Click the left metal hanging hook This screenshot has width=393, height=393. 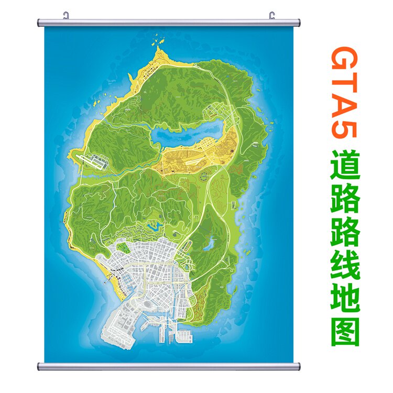pyautogui.click(x=67, y=15)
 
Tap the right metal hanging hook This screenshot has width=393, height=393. pyautogui.click(x=272, y=15)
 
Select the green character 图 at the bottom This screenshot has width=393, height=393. pyautogui.click(x=344, y=331)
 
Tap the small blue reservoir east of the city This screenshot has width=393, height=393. pyautogui.click(x=210, y=243)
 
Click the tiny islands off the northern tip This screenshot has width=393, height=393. pyautogui.click(x=157, y=37)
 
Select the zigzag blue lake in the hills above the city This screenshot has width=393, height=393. pyautogui.click(x=155, y=226)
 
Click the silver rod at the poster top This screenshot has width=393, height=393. pyautogui.click(x=169, y=23)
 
